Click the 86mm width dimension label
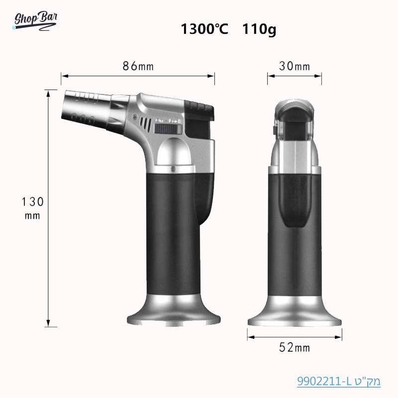click(x=138, y=66)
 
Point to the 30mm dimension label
click(x=294, y=66)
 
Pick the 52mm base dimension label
click(x=294, y=348)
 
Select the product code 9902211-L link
click(x=338, y=382)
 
